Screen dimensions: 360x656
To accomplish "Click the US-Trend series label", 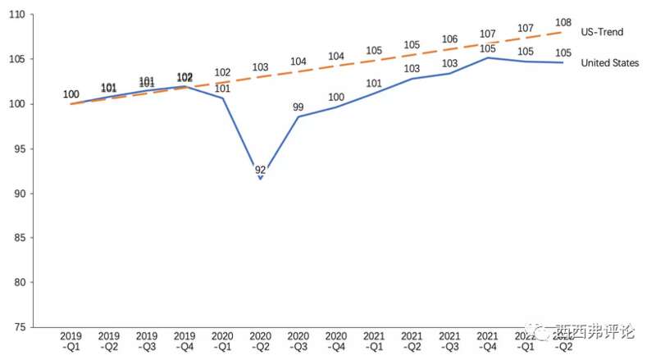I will [603, 32].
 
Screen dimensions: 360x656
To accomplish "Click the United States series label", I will [610, 63].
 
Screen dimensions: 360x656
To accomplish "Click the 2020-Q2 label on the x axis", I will [261, 341].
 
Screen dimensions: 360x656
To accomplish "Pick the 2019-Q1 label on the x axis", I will [71, 341].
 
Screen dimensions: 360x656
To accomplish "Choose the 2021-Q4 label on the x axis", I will [488, 341].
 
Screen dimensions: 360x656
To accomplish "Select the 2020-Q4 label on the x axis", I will [336, 341].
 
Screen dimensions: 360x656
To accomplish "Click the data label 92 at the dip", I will [261, 170].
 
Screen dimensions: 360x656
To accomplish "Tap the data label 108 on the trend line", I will [563, 22].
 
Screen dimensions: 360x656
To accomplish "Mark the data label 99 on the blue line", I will [298, 107].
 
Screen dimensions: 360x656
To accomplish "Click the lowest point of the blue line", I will [261, 179].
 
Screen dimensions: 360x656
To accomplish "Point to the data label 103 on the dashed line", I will [261, 67].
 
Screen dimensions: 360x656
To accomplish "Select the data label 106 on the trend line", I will [449, 39].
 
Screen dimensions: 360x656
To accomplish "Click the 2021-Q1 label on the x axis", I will [374, 341].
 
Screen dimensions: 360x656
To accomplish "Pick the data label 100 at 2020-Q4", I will [336, 98].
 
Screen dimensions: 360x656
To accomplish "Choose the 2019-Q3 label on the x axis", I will [147, 341].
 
